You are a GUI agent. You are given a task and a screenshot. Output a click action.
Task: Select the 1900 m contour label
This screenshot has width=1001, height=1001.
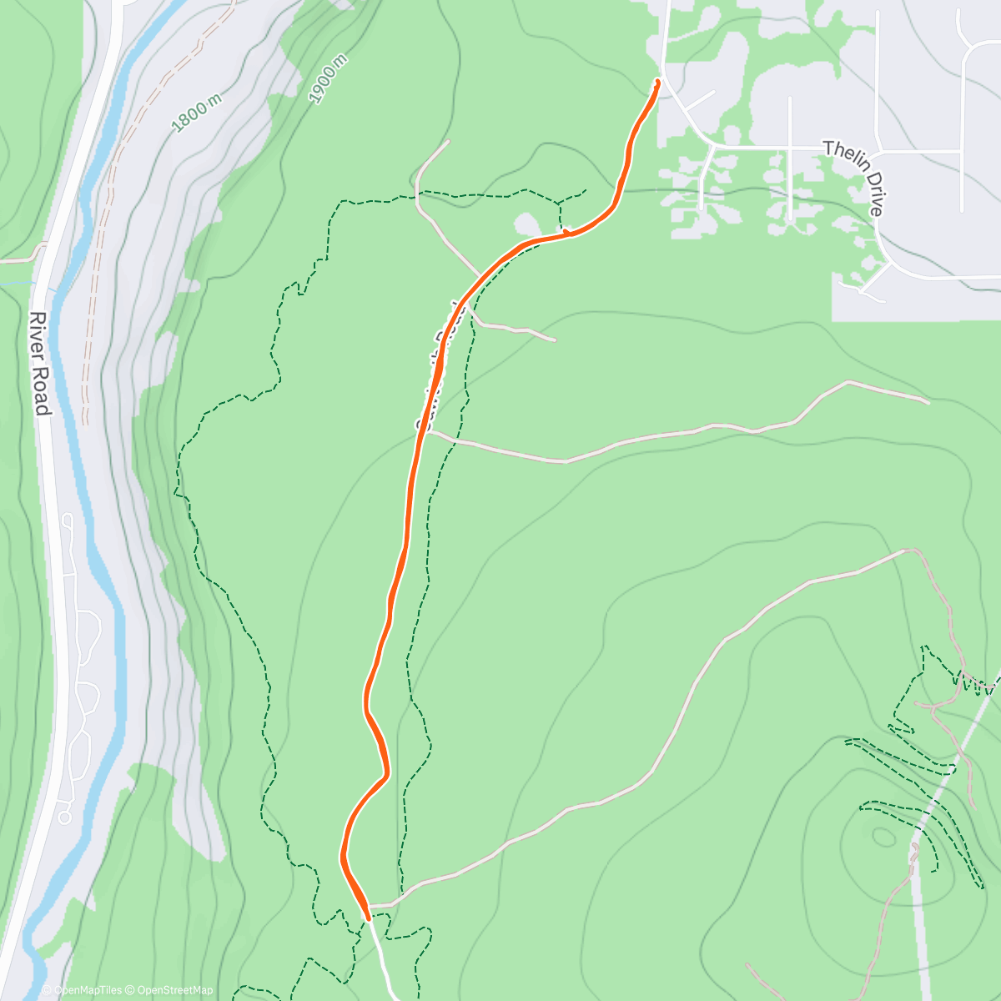click(x=327, y=79)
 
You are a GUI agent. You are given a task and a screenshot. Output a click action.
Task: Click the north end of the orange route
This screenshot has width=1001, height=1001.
click(x=658, y=81)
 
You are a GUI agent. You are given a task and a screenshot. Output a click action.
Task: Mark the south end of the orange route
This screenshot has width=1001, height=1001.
click(x=367, y=918)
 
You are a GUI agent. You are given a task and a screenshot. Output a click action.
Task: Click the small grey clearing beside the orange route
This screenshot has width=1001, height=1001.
click(x=527, y=224)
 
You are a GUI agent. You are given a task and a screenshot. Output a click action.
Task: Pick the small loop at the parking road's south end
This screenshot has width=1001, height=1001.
click(x=64, y=817)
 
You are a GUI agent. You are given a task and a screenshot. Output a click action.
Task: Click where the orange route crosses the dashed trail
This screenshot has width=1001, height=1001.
click(x=566, y=233)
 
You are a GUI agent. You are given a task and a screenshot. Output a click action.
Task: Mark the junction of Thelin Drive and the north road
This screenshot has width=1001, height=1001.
click(x=711, y=148)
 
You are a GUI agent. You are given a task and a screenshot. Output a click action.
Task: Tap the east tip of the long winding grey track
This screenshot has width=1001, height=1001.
click(x=928, y=403)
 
